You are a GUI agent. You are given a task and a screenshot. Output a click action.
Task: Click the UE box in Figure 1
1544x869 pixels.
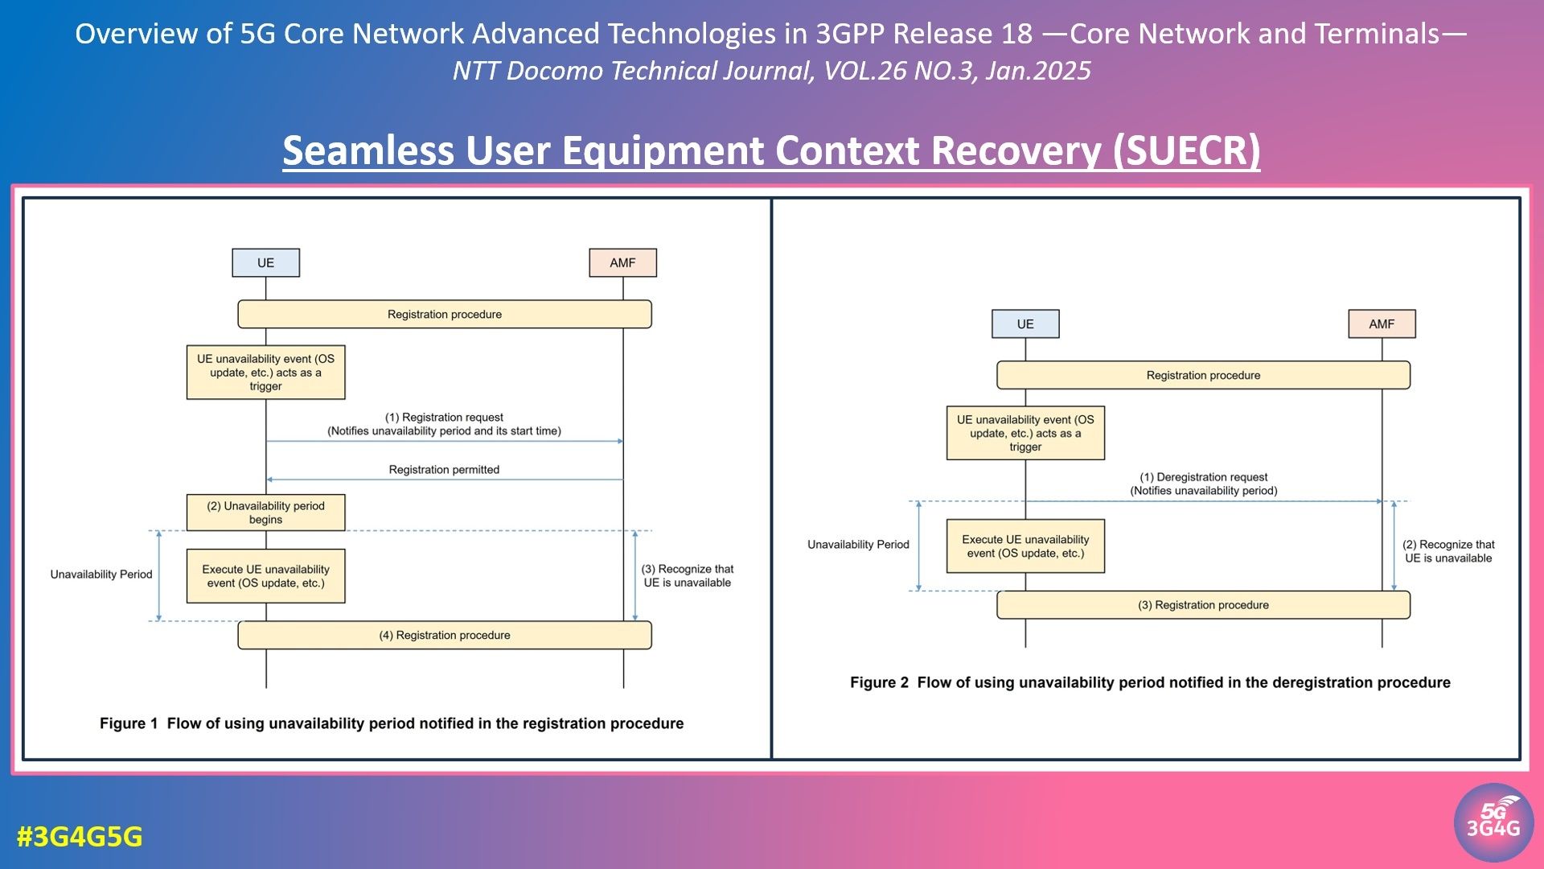pyautogui.click(x=265, y=263)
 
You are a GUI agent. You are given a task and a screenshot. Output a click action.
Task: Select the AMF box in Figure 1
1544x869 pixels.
pyautogui.click(x=622, y=263)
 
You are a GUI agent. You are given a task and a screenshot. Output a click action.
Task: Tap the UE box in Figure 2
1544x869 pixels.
pyautogui.click(x=1025, y=324)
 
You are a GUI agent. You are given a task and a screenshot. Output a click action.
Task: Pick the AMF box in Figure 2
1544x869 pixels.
pyautogui.click(x=1382, y=324)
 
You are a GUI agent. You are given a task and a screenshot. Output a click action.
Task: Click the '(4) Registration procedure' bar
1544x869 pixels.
pyautogui.click(x=445, y=636)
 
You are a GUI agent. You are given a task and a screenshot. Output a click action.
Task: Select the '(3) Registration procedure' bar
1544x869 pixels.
pyautogui.click(x=1203, y=605)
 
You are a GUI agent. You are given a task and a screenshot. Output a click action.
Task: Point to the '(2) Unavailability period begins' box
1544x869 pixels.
pyautogui.click(x=265, y=513)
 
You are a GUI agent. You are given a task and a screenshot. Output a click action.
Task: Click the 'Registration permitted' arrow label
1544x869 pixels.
pyautogui.click(x=444, y=470)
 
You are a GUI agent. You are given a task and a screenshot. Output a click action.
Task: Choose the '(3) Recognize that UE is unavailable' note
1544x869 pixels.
pyautogui.click(x=688, y=576)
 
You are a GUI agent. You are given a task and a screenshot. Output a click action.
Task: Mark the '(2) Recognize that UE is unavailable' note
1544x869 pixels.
pyautogui.click(x=1448, y=551)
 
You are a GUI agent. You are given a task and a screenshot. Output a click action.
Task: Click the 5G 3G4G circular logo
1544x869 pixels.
pyautogui.click(x=1493, y=822)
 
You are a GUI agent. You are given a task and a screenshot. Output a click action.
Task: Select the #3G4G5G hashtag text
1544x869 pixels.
pyautogui.click(x=80, y=837)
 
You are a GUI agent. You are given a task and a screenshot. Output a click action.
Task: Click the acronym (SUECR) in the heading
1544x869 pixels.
pyautogui.click(x=1186, y=150)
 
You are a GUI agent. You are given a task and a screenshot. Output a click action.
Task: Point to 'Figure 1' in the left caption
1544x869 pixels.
pyautogui.click(x=129, y=723)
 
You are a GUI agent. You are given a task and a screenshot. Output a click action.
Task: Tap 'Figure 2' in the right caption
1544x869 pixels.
pyautogui.click(x=879, y=682)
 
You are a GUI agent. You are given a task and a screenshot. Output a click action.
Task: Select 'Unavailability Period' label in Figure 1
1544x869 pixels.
pyautogui.click(x=101, y=575)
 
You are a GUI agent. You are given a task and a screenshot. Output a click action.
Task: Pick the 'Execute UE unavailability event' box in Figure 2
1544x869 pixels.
pyautogui.click(x=1025, y=546)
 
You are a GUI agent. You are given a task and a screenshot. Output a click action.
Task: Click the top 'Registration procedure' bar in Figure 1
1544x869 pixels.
pyautogui.click(x=445, y=315)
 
